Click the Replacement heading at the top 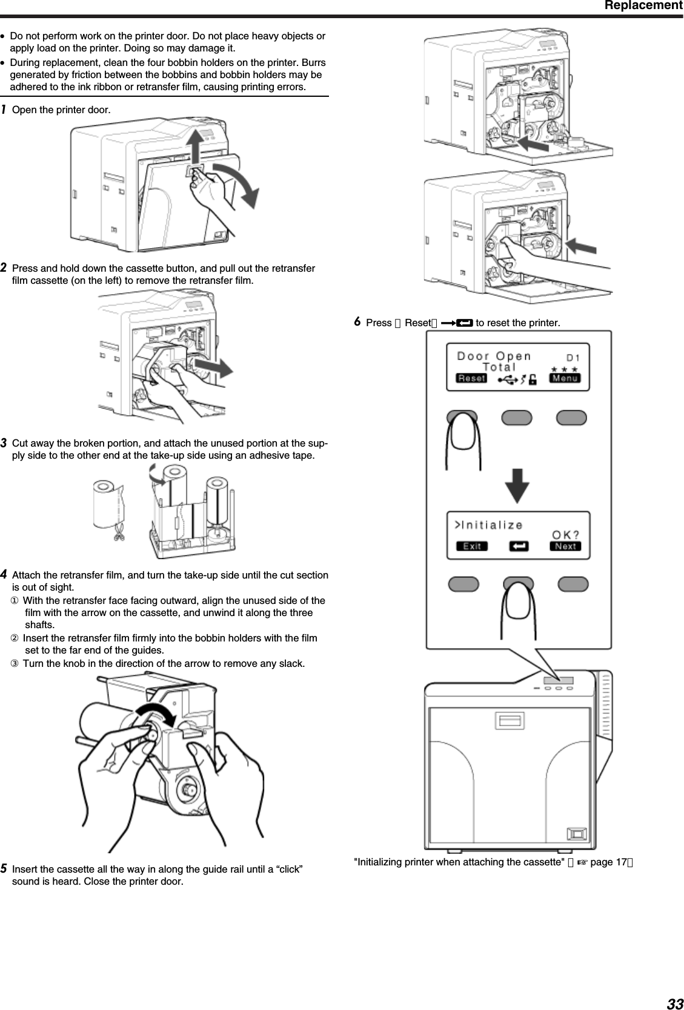point(643,6)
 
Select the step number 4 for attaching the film point(4,574)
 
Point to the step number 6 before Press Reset point(357,321)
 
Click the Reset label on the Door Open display point(471,378)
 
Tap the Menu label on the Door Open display point(565,378)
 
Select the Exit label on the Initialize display point(472,546)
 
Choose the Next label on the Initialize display point(565,546)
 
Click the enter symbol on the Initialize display point(519,546)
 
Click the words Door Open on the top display point(494,356)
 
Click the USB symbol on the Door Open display point(507,379)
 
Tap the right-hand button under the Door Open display point(571,418)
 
